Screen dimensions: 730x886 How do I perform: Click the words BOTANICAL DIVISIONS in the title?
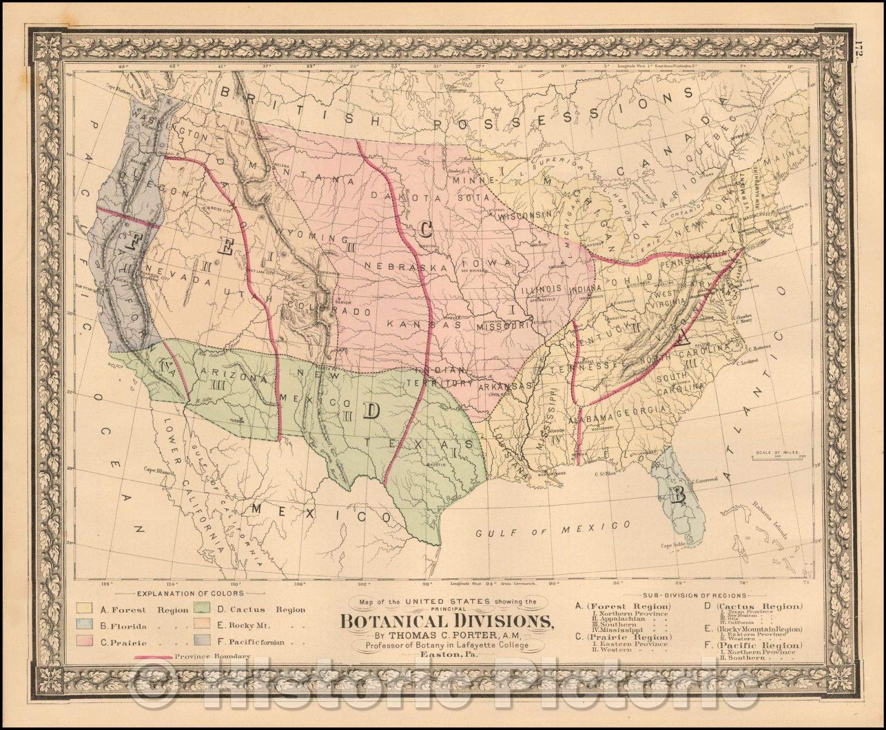(446, 620)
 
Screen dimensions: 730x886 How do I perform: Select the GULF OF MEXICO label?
(554, 529)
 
